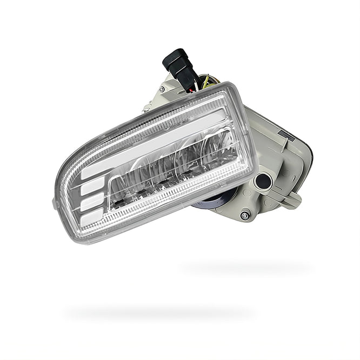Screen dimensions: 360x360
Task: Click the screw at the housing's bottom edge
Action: click(245, 215)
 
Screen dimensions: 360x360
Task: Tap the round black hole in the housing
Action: click(264, 182)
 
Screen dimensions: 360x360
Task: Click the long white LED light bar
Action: click(157, 140)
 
